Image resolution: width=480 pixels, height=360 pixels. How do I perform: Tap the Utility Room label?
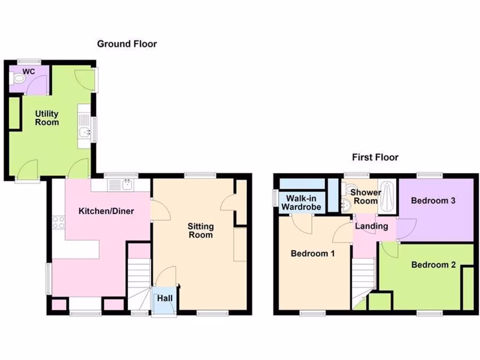click(x=47, y=118)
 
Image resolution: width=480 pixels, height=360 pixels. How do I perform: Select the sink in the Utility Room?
click(x=85, y=133)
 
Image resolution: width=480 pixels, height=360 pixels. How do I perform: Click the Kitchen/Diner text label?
click(x=106, y=211)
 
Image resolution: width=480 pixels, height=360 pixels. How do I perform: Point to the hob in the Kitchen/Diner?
click(x=59, y=223)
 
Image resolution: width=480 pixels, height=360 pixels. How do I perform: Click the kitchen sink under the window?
click(x=121, y=185)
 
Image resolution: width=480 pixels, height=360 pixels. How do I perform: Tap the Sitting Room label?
click(x=201, y=231)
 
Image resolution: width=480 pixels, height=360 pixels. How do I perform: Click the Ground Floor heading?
click(x=127, y=44)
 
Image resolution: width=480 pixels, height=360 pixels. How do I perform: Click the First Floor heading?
click(x=375, y=157)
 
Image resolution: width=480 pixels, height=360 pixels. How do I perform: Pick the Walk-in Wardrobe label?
click(x=301, y=202)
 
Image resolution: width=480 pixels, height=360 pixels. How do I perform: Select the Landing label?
click(x=371, y=226)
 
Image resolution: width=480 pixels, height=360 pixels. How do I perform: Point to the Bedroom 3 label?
click(x=433, y=201)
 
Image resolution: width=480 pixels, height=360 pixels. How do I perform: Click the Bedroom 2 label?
click(x=433, y=265)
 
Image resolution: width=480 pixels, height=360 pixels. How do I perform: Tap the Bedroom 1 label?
click(x=313, y=254)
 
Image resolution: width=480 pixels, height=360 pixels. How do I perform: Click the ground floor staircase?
click(x=138, y=281)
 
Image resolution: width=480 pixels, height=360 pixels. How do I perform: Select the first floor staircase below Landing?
click(x=363, y=279)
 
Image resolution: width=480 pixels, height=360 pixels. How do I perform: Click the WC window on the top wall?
click(x=29, y=61)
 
